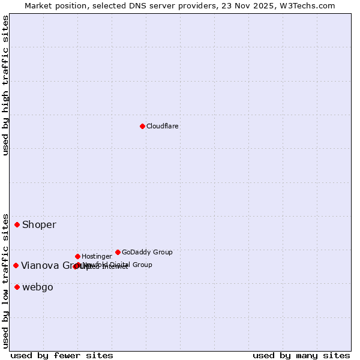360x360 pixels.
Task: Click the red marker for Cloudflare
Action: point(142,126)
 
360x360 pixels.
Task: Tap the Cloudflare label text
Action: point(162,126)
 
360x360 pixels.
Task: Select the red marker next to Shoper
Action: point(17,224)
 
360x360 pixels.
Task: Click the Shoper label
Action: point(39,225)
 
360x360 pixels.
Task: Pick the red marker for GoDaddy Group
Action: point(118,252)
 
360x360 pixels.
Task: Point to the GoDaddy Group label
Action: point(147,252)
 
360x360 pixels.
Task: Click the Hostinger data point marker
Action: point(77,256)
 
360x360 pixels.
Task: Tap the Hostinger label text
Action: point(97,256)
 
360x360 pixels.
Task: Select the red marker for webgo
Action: point(17,287)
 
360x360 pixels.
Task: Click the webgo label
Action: point(38,287)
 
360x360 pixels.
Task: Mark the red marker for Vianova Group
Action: point(16,265)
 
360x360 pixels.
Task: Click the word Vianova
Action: point(40,266)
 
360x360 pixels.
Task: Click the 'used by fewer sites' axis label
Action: point(62,355)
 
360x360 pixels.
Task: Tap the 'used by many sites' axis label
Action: point(301,355)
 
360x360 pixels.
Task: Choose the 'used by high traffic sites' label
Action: point(6,85)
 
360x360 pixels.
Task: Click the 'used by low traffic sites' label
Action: point(6,280)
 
